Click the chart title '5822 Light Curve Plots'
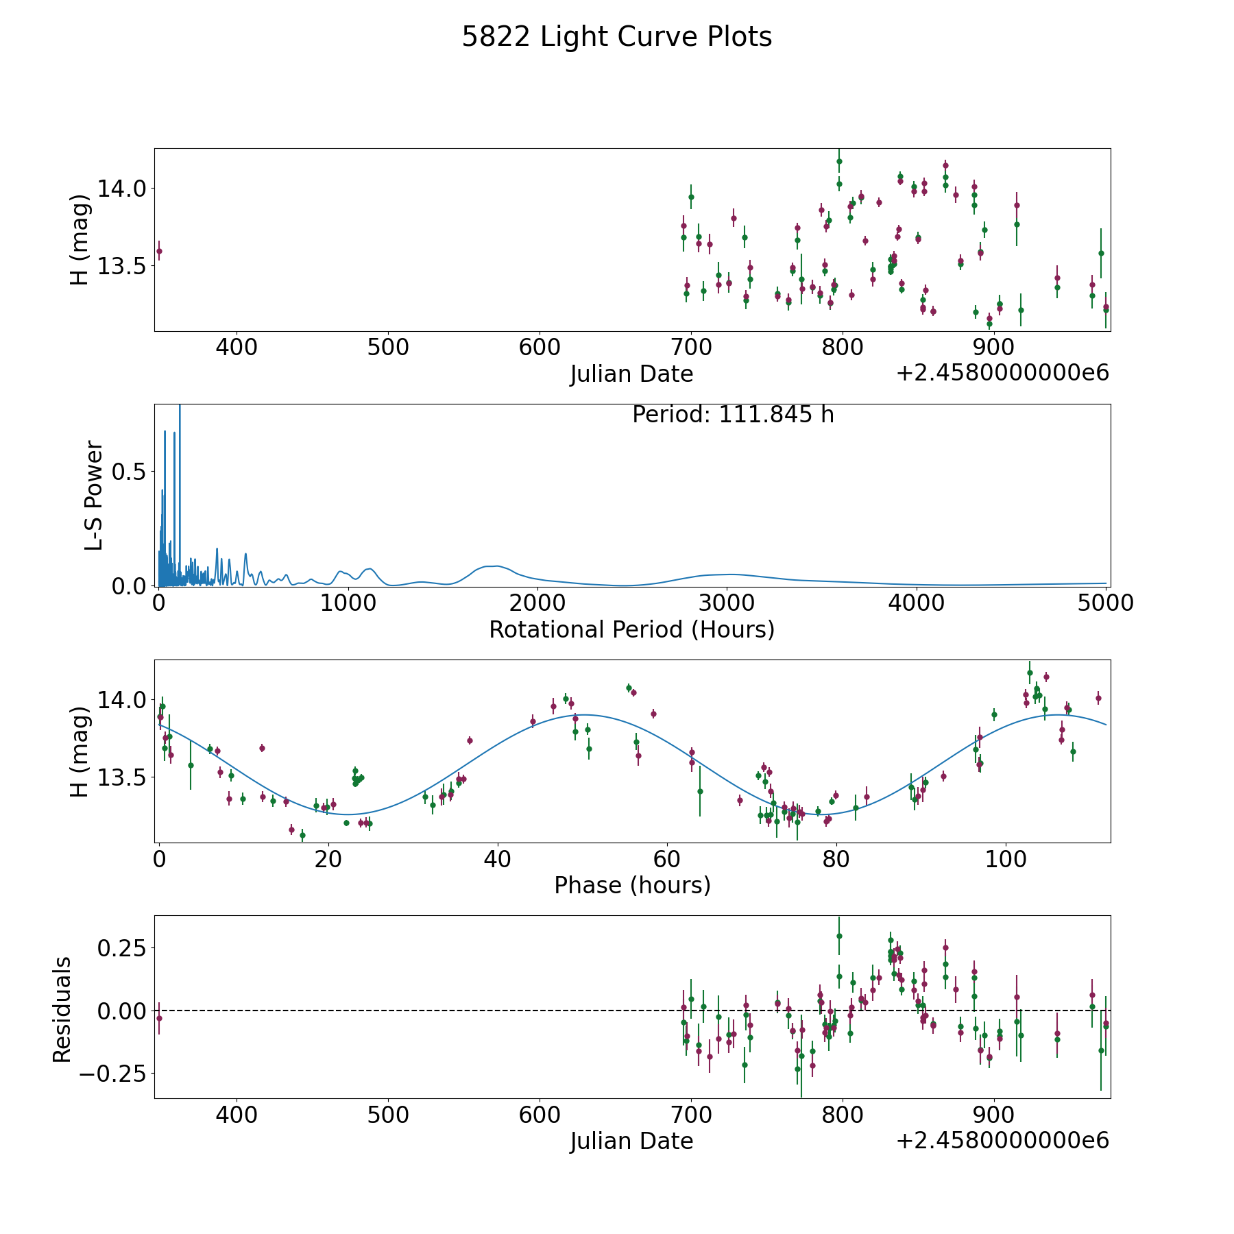point(616,37)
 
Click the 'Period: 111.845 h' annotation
point(733,415)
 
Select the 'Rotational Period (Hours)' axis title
point(631,629)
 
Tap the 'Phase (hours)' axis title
point(631,885)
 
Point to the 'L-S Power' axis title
point(94,495)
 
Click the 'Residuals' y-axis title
point(62,1010)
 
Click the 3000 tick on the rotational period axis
point(726,603)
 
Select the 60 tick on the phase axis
point(666,859)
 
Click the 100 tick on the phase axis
point(1005,859)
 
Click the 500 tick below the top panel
point(388,348)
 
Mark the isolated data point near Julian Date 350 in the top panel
point(159,251)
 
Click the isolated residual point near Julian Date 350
point(159,1018)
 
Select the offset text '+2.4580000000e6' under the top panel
point(1002,374)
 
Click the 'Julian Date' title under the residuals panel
point(631,1141)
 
